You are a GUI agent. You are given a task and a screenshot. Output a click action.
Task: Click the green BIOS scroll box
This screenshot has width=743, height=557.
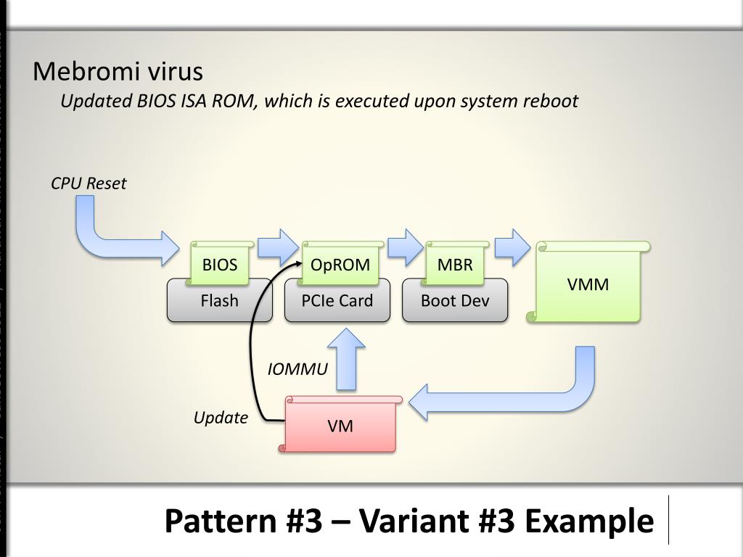click(221, 263)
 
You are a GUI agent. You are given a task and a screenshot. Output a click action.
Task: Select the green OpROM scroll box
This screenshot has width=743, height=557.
click(340, 263)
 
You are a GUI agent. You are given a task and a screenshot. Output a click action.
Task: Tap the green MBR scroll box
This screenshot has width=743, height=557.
click(456, 263)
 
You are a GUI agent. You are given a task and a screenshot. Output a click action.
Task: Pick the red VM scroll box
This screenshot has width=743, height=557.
click(341, 424)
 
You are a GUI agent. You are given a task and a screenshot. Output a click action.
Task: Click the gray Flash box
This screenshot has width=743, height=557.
click(219, 300)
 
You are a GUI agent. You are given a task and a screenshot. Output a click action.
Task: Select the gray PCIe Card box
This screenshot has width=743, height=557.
click(337, 300)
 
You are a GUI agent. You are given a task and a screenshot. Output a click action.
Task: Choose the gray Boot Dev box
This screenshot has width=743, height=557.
click(455, 300)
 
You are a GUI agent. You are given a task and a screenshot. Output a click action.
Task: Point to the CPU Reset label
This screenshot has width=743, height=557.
click(89, 183)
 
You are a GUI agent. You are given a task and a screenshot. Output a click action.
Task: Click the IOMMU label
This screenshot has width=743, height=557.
click(297, 369)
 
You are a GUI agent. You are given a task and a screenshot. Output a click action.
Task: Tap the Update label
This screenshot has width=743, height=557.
click(221, 417)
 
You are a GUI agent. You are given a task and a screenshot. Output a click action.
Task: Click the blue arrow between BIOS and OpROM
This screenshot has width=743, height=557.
click(278, 247)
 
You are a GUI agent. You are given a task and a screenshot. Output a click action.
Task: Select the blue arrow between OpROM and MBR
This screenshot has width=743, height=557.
click(405, 247)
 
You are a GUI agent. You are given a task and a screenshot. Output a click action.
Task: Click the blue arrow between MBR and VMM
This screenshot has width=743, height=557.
click(513, 247)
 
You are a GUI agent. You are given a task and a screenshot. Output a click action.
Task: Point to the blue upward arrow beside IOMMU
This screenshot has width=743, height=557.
click(347, 360)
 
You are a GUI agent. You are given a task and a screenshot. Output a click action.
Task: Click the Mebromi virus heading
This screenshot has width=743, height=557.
click(118, 72)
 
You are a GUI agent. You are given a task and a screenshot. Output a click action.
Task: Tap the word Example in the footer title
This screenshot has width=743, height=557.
click(589, 521)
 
